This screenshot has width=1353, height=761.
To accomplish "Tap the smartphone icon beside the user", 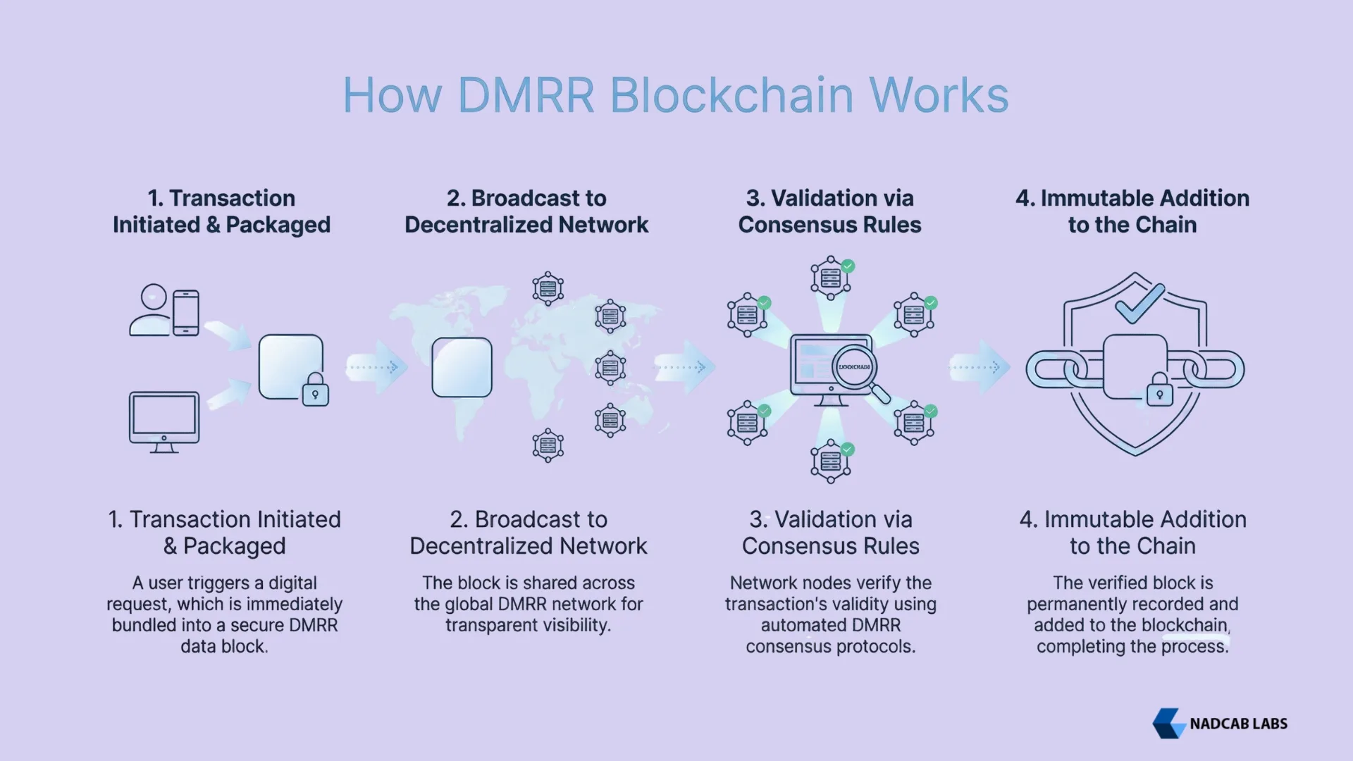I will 186,312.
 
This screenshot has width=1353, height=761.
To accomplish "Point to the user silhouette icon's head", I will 154,297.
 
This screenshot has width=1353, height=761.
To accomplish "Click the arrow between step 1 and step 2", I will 377,367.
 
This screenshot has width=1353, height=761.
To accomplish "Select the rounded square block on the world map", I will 462,367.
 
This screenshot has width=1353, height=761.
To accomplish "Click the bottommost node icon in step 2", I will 548,445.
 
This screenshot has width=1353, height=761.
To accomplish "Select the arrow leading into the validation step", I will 684,367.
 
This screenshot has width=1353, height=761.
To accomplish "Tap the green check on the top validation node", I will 848,266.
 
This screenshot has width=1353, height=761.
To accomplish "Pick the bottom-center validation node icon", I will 831,462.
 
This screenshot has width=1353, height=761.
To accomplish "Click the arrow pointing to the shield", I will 980,367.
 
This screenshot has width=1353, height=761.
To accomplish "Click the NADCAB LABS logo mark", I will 1168,724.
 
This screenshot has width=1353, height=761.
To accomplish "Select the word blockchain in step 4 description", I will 1185,626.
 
